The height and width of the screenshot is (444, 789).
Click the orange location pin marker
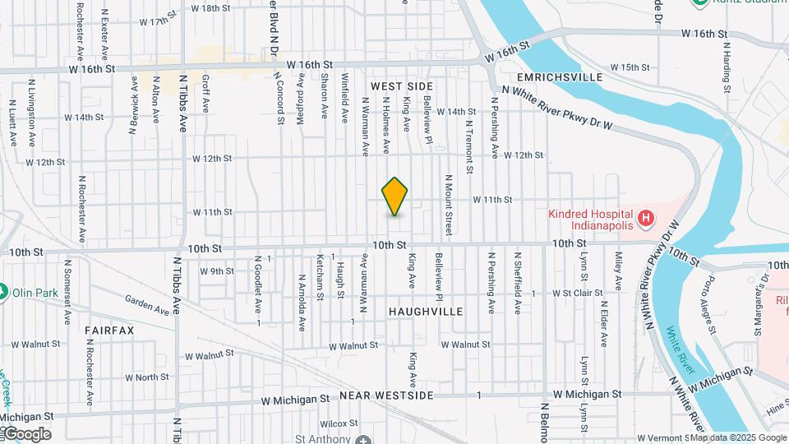pyautogui.click(x=394, y=197)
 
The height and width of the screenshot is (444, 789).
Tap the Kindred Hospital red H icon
pyautogui.click(x=646, y=219)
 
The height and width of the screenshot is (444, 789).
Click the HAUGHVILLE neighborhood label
pyautogui.click(x=426, y=312)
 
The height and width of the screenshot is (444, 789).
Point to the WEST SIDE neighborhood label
pyautogui.click(x=401, y=86)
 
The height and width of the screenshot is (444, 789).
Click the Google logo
pyautogui.click(x=26, y=433)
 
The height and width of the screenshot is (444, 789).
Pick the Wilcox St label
pyautogui.click(x=337, y=424)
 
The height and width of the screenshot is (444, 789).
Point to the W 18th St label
pyautogui.click(x=210, y=8)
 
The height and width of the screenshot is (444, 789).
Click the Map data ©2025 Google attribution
pyautogui.click(x=738, y=437)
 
